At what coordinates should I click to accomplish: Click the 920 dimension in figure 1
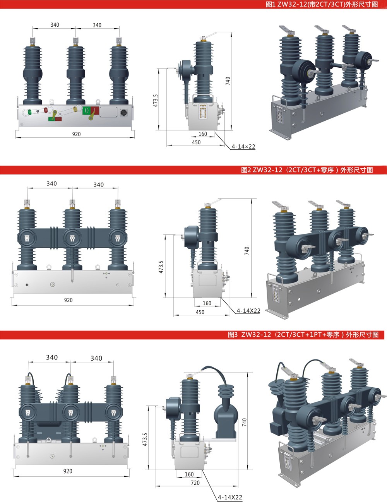click(76, 134)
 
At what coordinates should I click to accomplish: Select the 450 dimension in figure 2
click(200, 312)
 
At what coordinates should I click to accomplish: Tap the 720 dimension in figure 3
click(195, 482)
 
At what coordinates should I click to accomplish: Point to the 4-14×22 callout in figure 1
click(243, 147)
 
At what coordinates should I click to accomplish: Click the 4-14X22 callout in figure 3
click(230, 497)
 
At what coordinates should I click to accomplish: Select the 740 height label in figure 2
click(247, 251)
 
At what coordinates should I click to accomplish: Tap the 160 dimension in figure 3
click(189, 474)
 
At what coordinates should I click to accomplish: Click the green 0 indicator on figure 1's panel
click(86, 110)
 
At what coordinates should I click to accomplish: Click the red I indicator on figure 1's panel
click(95, 110)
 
